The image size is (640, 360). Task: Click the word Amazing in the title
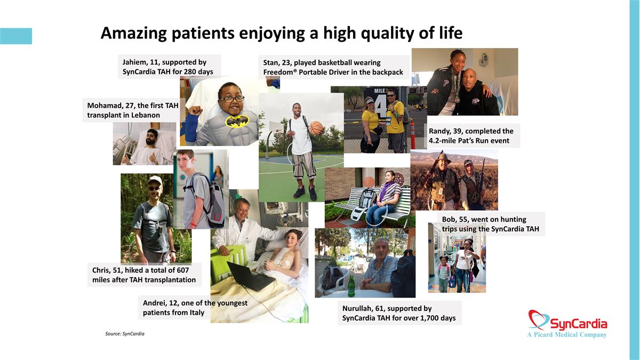[x=133, y=34]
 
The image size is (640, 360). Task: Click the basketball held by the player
[x=316, y=127]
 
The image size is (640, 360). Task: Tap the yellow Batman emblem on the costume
[x=236, y=121]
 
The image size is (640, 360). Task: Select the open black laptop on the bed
[x=251, y=276]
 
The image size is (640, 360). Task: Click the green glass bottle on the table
[x=351, y=286]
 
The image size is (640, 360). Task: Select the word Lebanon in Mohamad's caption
[x=146, y=115]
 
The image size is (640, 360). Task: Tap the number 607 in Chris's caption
[x=183, y=270]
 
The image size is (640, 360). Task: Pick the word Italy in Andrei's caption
[x=197, y=313]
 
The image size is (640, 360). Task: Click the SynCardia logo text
[x=578, y=324]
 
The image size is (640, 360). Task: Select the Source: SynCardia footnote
[x=125, y=334]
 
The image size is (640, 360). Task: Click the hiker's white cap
[x=155, y=180]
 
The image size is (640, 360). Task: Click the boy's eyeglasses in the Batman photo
[x=232, y=99]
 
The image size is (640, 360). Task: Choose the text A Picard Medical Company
[x=567, y=334]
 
